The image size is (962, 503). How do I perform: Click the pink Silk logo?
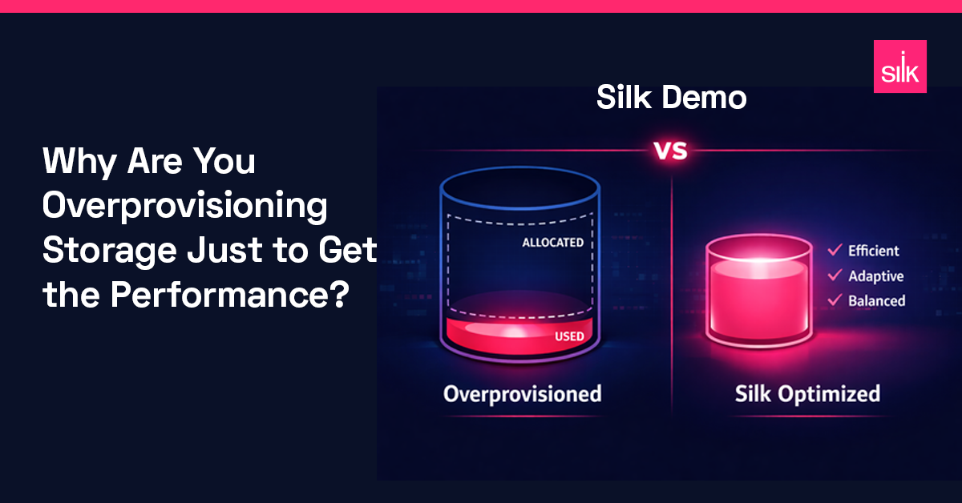(899, 66)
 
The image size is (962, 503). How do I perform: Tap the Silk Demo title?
(671, 99)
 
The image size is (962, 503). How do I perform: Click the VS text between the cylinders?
(670, 151)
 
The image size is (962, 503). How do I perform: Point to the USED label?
(569, 336)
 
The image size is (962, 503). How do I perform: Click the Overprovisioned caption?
(522, 394)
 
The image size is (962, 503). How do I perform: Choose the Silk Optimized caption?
(807, 394)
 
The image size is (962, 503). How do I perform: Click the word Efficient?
(874, 251)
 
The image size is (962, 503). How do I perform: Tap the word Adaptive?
(876, 276)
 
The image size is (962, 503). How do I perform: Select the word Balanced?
(877, 301)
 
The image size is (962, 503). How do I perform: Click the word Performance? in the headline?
(229, 296)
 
